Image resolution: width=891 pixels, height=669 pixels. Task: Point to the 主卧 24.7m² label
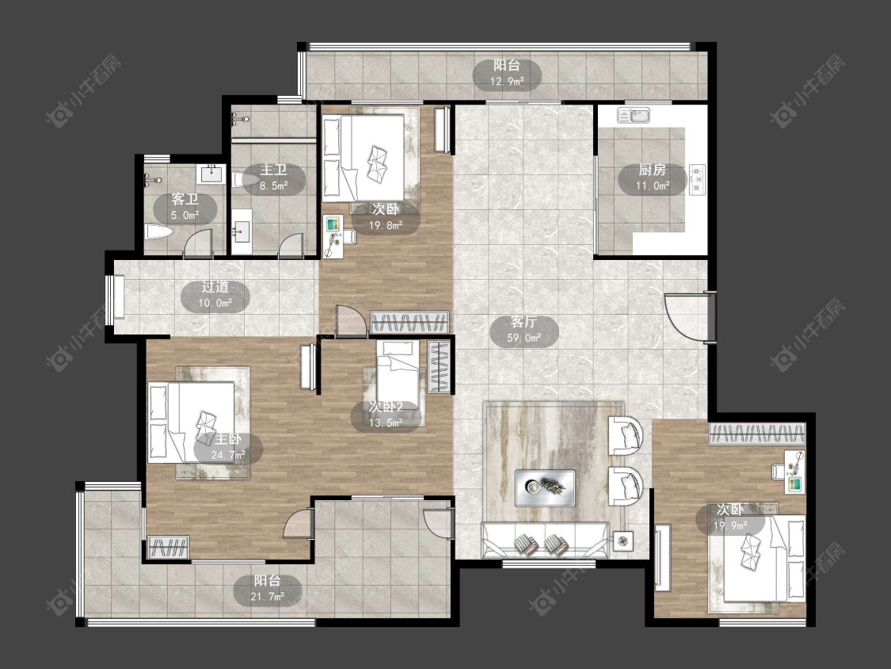[228, 447]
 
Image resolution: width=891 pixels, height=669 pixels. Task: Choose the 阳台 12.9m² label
[507, 74]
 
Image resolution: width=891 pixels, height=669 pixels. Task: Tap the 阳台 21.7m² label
[268, 588]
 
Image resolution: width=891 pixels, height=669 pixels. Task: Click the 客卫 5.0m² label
[185, 207]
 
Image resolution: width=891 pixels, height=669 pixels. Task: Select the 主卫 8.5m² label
[274, 178]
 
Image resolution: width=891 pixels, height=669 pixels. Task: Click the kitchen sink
[634, 115]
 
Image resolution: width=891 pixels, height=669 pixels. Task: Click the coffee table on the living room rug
[544, 487]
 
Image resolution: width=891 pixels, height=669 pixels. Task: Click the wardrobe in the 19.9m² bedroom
[757, 434]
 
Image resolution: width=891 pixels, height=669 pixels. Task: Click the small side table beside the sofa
[623, 540]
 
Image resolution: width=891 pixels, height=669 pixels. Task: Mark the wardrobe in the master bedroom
[168, 547]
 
